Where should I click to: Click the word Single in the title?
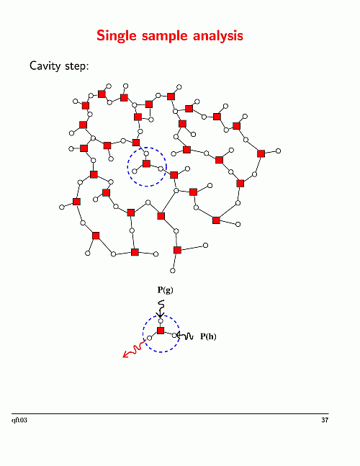(x=117, y=36)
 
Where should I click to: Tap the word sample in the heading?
(x=165, y=36)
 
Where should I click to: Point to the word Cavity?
(x=45, y=66)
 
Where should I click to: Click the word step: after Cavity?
(x=77, y=66)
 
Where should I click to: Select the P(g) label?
(x=165, y=290)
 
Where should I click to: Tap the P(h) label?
(x=208, y=336)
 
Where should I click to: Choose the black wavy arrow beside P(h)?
(x=185, y=336)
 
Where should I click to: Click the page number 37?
(x=325, y=420)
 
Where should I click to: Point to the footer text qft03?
(x=19, y=420)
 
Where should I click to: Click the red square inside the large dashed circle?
(x=146, y=163)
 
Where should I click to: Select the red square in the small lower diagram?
(x=161, y=331)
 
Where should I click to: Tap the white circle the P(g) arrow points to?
(x=161, y=321)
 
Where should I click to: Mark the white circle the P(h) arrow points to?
(x=175, y=335)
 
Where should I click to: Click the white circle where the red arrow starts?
(x=150, y=338)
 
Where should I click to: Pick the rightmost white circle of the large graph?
(x=278, y=151)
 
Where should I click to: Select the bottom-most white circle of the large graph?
(x=173, y=270)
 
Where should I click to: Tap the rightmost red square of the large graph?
(x=261, y=153)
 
